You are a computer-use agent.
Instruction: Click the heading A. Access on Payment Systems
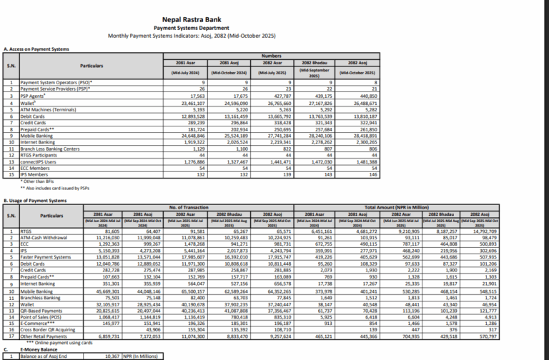pos(36,49)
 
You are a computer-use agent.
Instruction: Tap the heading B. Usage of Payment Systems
pos(37,201)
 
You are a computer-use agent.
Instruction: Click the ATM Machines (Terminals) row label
pos(49,109)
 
